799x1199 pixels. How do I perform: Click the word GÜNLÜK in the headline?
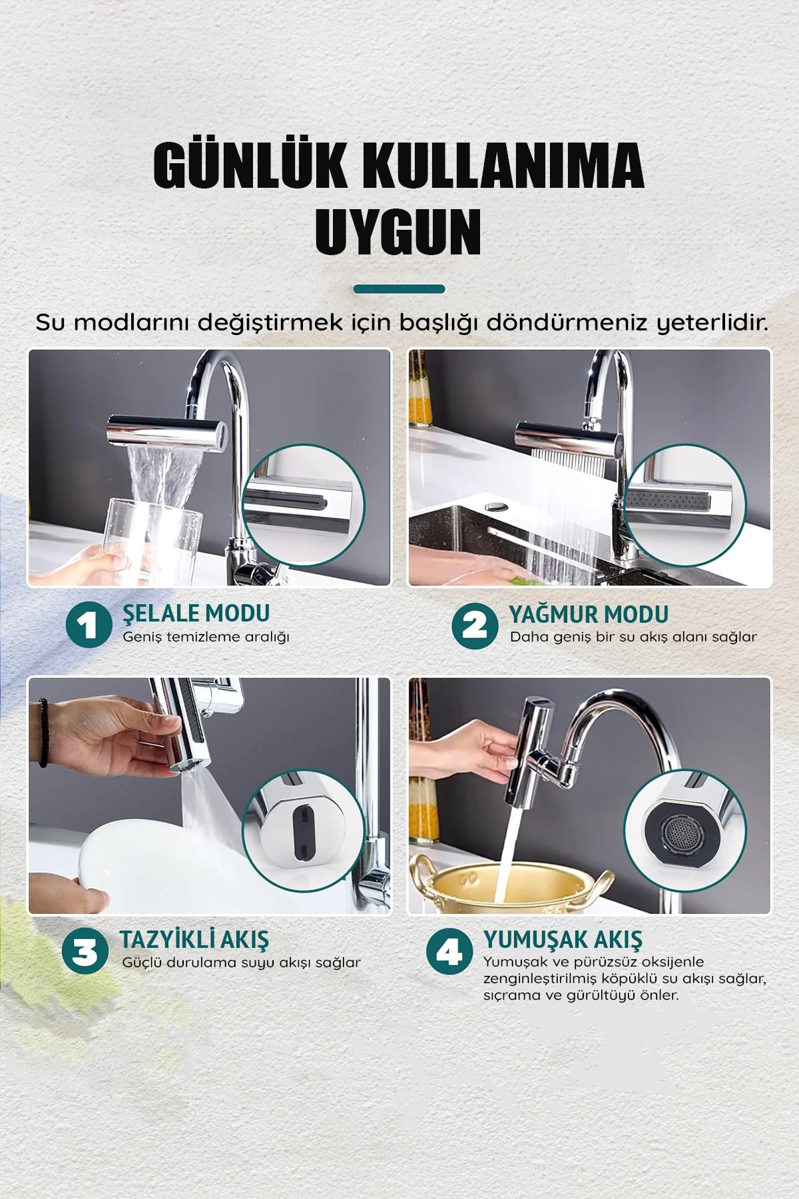[x=250, y=165]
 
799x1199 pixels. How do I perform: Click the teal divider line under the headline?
[x=399, y=289]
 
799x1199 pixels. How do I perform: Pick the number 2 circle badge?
[x=475, y=625]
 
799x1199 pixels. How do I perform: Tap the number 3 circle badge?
[x=85, y=951]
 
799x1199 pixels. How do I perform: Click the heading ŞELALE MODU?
[x=196, y=613]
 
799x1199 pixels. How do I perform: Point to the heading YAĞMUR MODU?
[x=589, y=613]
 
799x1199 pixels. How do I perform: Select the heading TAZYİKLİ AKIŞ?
[x=194, y=939]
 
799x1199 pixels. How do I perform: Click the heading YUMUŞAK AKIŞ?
[x=563, y=939]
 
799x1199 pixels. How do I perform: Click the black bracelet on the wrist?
[x=43, y=733]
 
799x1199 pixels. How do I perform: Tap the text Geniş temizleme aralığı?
[x=206, y=637]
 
